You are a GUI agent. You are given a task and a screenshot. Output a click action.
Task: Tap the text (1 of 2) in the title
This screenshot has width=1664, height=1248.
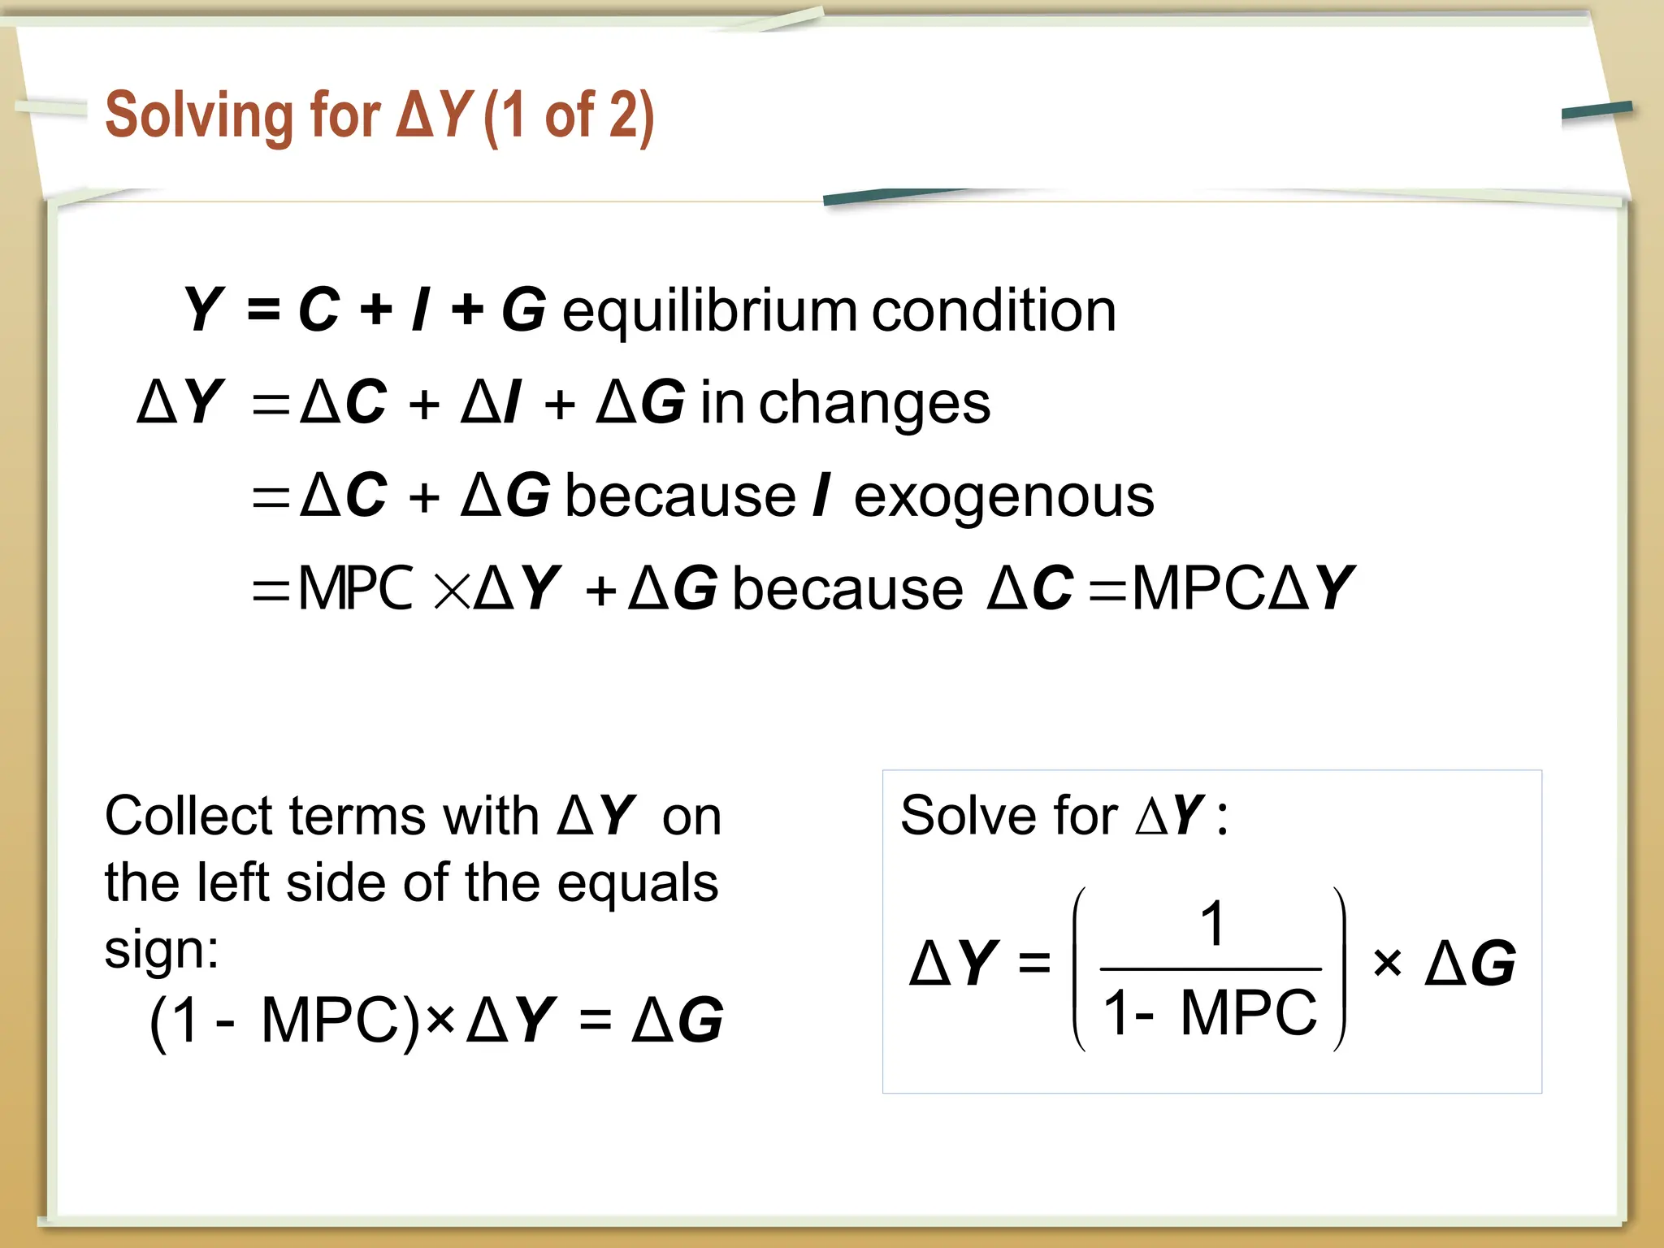[569, 115]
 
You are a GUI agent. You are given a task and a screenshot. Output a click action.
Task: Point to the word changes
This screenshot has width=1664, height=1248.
[874, 404]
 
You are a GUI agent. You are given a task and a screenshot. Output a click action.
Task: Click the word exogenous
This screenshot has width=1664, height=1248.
[1003, 496]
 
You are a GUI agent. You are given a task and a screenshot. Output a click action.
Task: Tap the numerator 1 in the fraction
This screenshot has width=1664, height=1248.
[1212, 924]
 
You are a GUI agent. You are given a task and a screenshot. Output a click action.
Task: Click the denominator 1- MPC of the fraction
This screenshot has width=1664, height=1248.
[1210, 1013]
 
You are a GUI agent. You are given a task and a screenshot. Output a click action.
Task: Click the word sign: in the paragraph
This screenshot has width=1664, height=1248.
[162, 949]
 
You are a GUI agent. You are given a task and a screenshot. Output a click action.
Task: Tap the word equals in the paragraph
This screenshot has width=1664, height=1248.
[637, 883]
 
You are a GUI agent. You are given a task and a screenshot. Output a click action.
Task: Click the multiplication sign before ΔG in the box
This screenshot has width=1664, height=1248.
[1387, 964]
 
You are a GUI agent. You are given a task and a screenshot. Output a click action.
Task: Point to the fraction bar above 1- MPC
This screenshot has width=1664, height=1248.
[1210, 969]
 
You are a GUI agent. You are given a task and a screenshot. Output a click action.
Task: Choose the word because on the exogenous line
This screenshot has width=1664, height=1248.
[680, 496]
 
